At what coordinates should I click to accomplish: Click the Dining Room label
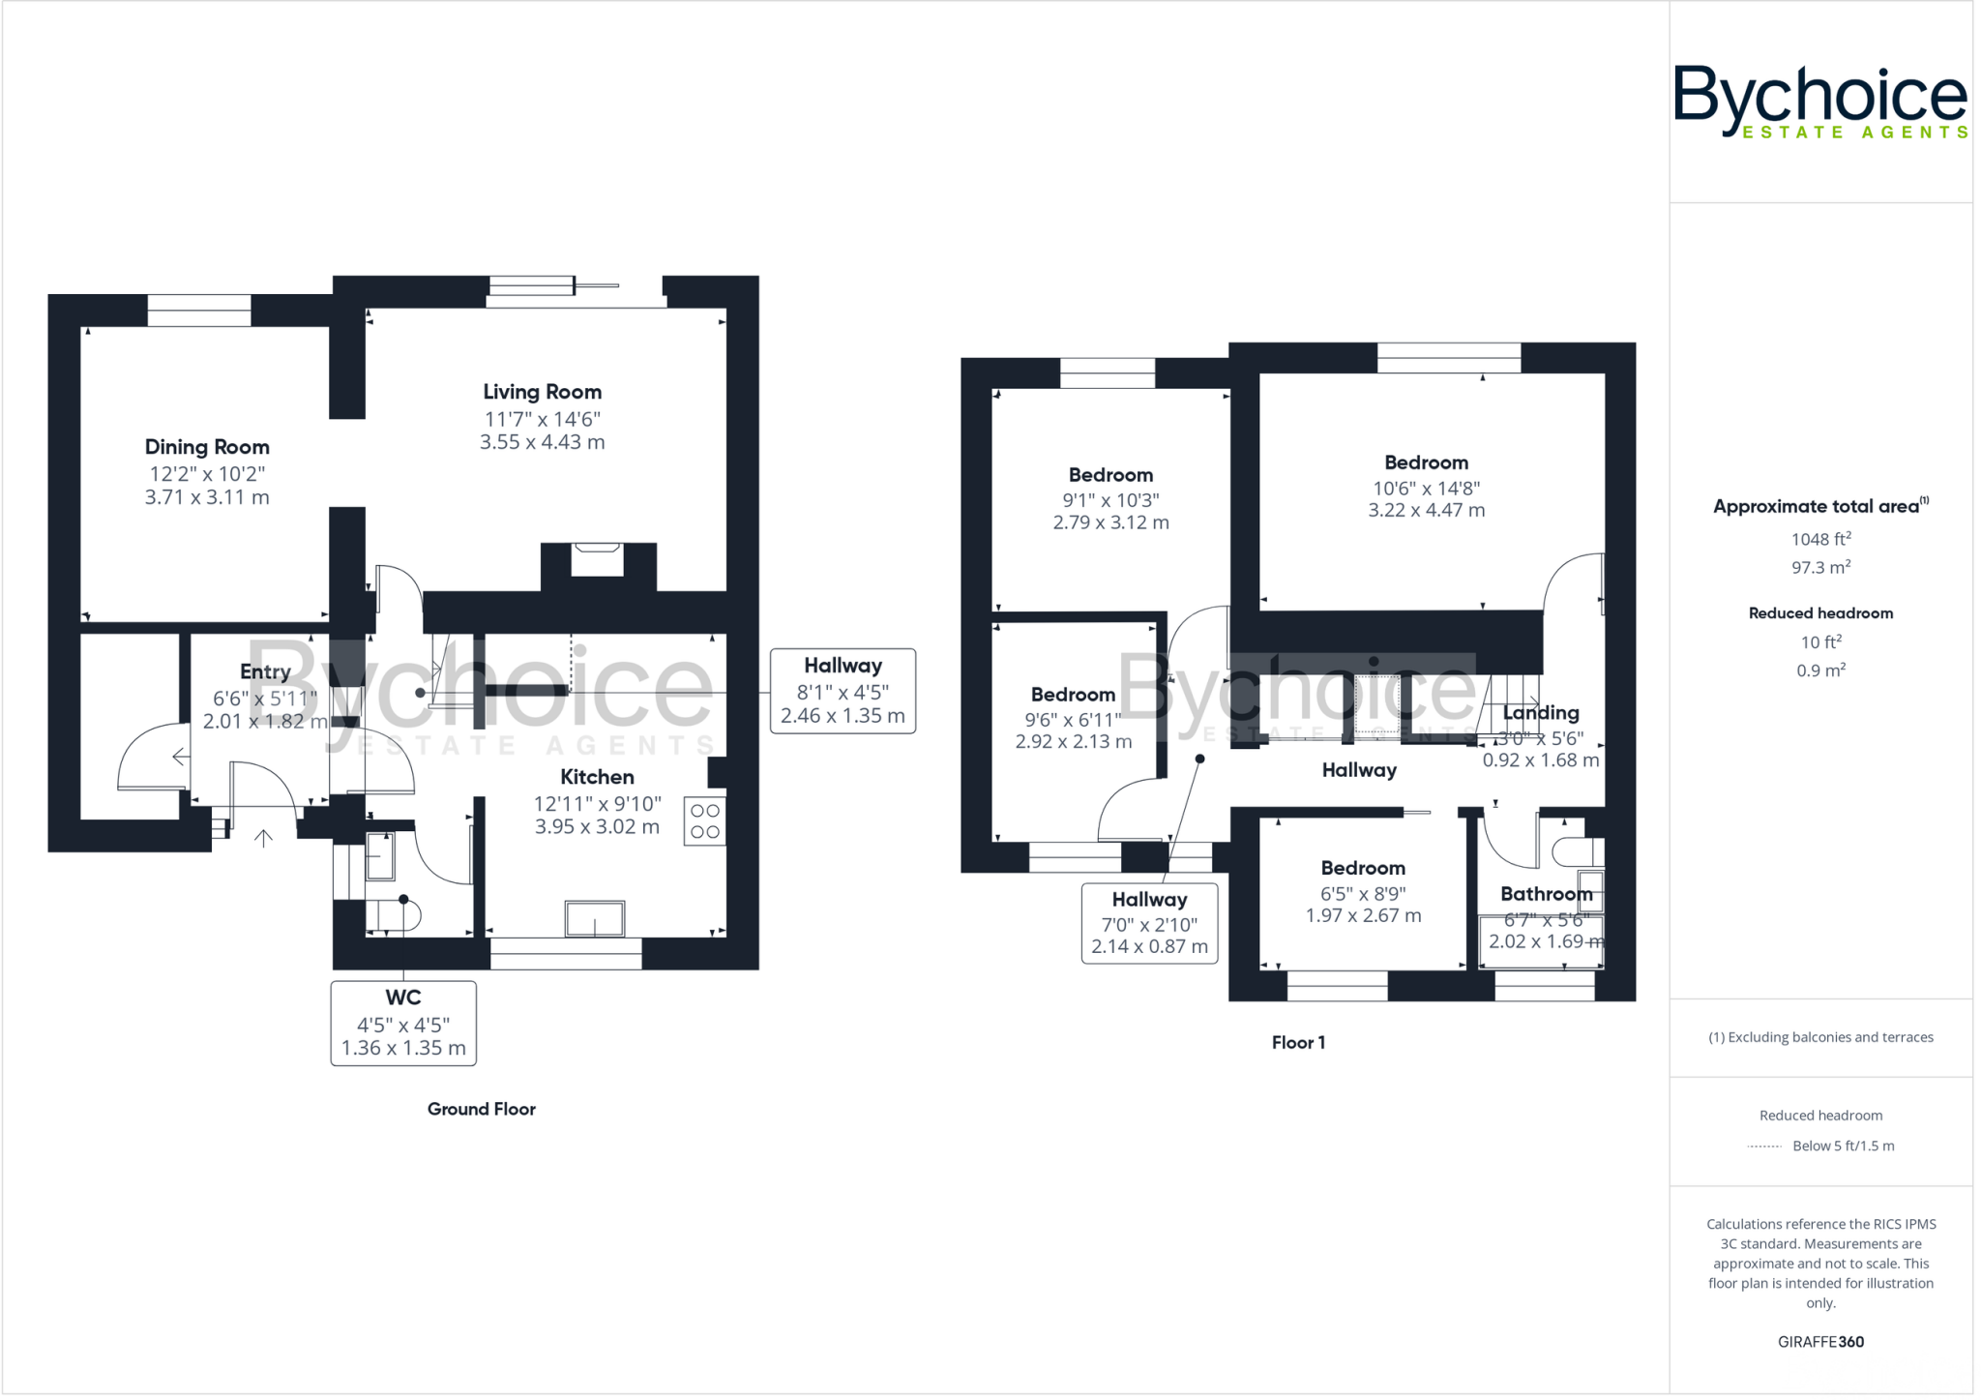coord(207,447)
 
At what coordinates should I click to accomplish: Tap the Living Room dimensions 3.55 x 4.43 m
coord(542,442)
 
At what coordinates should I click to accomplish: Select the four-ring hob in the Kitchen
coord(705,821)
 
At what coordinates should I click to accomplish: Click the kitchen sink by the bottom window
coord(595,918)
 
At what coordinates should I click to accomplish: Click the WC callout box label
coord(403,998)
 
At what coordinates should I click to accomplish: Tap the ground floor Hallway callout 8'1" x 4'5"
coord(843,691)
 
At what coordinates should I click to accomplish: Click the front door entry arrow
coord(263,838)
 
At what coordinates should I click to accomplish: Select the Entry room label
coord(265,671)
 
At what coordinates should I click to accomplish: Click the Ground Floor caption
coord(481,1109)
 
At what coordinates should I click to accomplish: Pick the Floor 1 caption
coord(1298,1042)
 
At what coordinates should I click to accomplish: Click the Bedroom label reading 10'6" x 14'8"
coord(1426,462)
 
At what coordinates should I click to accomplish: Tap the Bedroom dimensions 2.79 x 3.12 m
coord(1110,522)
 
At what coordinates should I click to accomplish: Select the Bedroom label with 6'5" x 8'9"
coord(1363,868)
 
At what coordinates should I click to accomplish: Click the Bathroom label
coord(1546,894)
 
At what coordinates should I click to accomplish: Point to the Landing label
coord(1541,713)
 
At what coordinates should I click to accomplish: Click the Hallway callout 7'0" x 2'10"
coord(1149,923)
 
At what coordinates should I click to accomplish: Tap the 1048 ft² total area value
coord(1820,539)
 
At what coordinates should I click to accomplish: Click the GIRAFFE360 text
coord(1820,1342)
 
